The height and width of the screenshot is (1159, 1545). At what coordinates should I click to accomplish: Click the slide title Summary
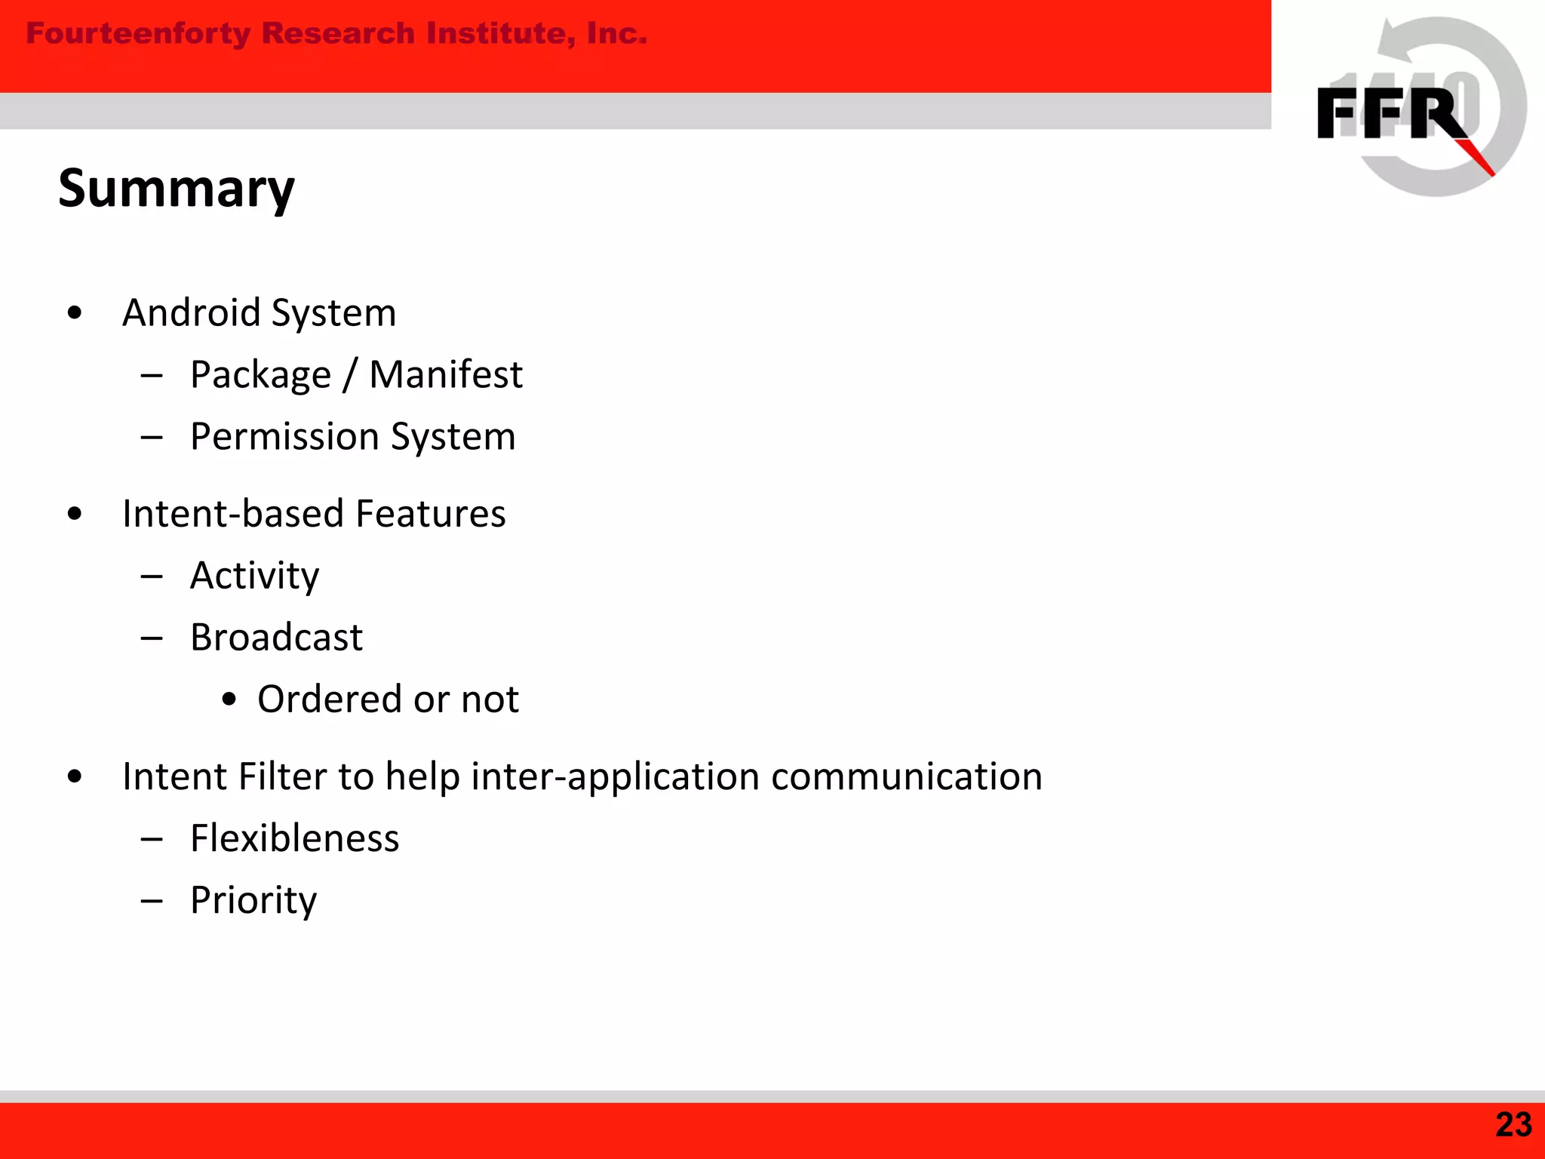176,189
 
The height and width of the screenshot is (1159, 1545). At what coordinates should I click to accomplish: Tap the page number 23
1513,1125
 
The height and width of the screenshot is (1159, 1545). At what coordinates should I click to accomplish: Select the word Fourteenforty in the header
138,34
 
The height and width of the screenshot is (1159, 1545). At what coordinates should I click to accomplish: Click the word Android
191,312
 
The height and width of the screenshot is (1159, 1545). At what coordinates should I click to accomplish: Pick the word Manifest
445,374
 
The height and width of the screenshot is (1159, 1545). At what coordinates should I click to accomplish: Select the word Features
430,514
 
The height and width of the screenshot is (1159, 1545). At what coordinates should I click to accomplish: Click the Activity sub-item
254,576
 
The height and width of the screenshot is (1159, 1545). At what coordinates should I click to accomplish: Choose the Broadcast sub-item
276,638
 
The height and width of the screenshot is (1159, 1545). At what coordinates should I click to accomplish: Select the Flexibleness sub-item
294,838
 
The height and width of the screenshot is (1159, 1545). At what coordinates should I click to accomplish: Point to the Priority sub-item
253,901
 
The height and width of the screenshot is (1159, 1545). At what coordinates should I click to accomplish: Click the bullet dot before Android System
74,312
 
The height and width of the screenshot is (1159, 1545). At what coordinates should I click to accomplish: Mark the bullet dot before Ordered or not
229,699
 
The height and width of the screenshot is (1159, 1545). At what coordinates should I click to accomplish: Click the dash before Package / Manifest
152,375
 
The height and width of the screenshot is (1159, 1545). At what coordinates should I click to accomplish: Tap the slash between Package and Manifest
349,376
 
